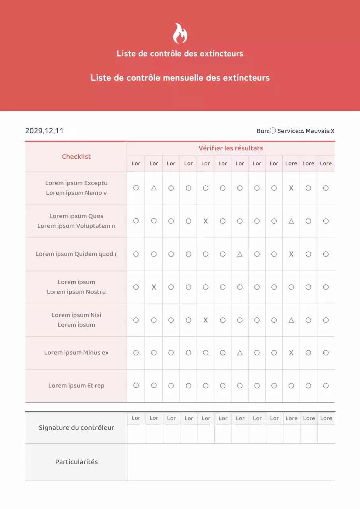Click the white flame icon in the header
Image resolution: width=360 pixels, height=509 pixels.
pyautogui.click(x=180, y=33)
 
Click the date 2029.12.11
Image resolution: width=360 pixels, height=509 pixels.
pyautogui.click(x=44, y=131)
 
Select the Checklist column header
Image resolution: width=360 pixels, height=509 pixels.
pyautogui.click(x=76, y=157)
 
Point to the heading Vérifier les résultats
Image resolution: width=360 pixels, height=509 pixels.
pyautogui.click(x=231, y=148)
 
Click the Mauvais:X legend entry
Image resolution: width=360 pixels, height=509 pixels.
pyautogui.click(x=320, y=131)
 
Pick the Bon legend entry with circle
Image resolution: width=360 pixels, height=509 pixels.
pyautogui.click(x=266, y=131)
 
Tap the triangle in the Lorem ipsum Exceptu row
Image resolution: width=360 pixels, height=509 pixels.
pyautogui.click(x=154, y=188)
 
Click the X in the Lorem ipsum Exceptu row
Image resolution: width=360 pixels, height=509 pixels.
pyautogui.click(x=291, y=188)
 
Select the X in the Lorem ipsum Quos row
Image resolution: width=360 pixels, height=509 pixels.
pyautogui.click(x=206, y=221)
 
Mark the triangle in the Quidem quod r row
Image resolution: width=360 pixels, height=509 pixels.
pyautogui.click(x=240, y=254)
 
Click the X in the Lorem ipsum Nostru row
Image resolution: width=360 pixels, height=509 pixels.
pyautogui.click(x=154, y=287)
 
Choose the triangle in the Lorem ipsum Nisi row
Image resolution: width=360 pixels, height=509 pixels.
pyautogui.click(x=291, y=320)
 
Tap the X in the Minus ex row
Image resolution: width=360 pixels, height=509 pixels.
pyautogui.click(x=291, y=353)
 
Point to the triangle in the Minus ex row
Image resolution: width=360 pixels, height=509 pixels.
pyautogui.click(x=240, y=353)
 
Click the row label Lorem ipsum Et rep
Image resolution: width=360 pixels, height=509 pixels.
pyautogui.click(x=76, y=386)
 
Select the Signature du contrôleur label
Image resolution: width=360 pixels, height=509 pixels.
pyautogui.click(x=76, y=428)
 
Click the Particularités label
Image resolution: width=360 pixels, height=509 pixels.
pyautogui.click(x=76, y=462)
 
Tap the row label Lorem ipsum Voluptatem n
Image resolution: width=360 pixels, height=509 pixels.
pyautogui.click(x=76, y=226)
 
